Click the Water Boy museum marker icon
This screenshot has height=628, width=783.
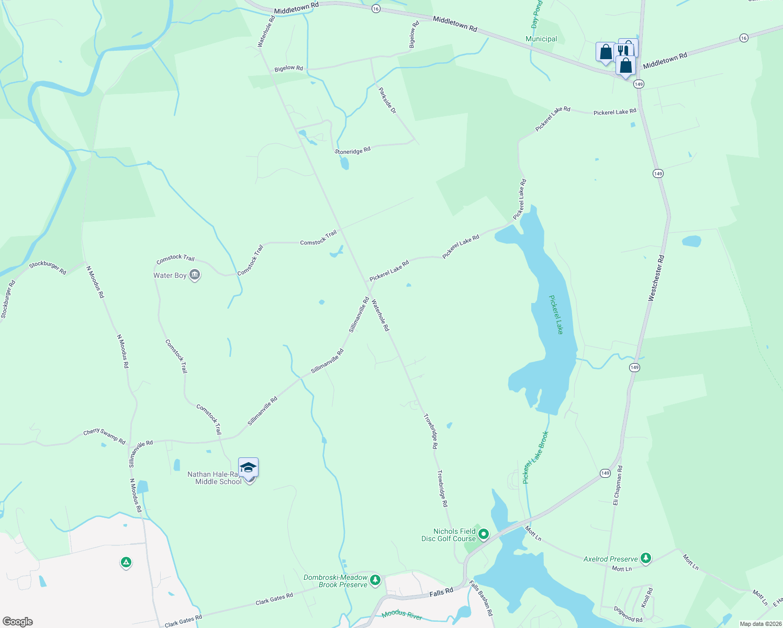[x=195, y=275]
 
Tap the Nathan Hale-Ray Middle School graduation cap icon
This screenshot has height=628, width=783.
[x=248, y=467]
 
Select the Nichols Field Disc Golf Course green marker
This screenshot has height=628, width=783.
[x=484, y=534]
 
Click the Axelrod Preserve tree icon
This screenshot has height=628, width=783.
[x=646, y=558]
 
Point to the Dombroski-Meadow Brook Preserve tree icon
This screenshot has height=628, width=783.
[x=375, y=580]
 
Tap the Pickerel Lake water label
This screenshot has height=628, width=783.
[x=556, y=315]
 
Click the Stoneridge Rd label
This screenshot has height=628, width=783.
[x=352, y=151]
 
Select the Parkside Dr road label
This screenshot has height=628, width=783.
[x=387, y=100]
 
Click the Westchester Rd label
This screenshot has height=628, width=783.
[x=656, y=278]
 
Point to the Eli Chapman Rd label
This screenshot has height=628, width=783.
[x=618, y=485]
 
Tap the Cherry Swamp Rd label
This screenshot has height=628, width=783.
[x=104, y=437]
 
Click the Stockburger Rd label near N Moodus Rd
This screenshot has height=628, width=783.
[x=48, y=267]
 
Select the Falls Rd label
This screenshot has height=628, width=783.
[x=441, y=592]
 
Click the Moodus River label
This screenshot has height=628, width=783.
[x=401, y=615]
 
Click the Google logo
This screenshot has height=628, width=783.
[x=18, y=622]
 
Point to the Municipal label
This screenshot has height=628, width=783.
[x=541, y=39]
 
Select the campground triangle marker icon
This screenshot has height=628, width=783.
[x=126, y=563]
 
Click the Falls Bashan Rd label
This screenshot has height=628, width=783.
[x=481, y=598]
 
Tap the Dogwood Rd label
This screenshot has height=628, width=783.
[x=628, y=614]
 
